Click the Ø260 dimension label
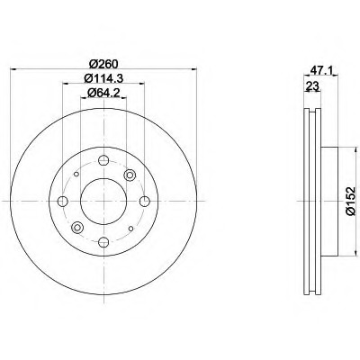tap(104, 64)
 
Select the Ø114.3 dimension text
tap(103, 78)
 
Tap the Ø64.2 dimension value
tap(103, 93)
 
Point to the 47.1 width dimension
tap(322, 70)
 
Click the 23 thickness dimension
tap(312, 86)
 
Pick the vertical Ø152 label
tap(350, 201)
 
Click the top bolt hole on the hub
tap(103, 160)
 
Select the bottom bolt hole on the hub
tap(103, 242)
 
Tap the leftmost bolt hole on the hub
tap(62, 201)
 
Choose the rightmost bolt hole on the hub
tap(145, 201)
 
